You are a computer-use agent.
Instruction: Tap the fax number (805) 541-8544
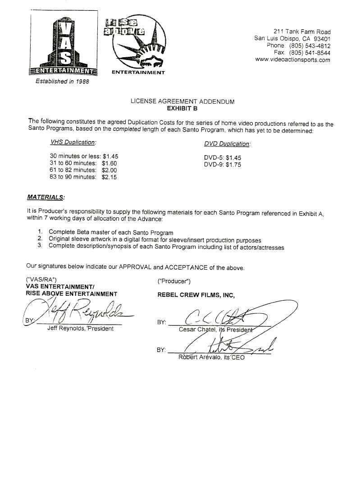pos(310,53)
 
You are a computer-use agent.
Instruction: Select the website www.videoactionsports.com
pos(292,60)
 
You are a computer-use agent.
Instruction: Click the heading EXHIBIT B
pos(182,109)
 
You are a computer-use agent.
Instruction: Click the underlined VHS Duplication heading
pos(73,142)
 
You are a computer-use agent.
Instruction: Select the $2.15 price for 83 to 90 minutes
pos(109,177)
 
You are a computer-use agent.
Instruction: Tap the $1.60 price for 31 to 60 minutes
pos(109,163)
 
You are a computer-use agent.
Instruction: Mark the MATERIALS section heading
pos(46,197)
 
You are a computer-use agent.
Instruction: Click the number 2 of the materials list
pos(40,239)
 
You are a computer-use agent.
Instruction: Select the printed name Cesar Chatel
pos(196,329)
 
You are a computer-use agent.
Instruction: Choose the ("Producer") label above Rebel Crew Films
pos(174,281)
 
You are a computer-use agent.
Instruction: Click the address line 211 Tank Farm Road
pos(302,32)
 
